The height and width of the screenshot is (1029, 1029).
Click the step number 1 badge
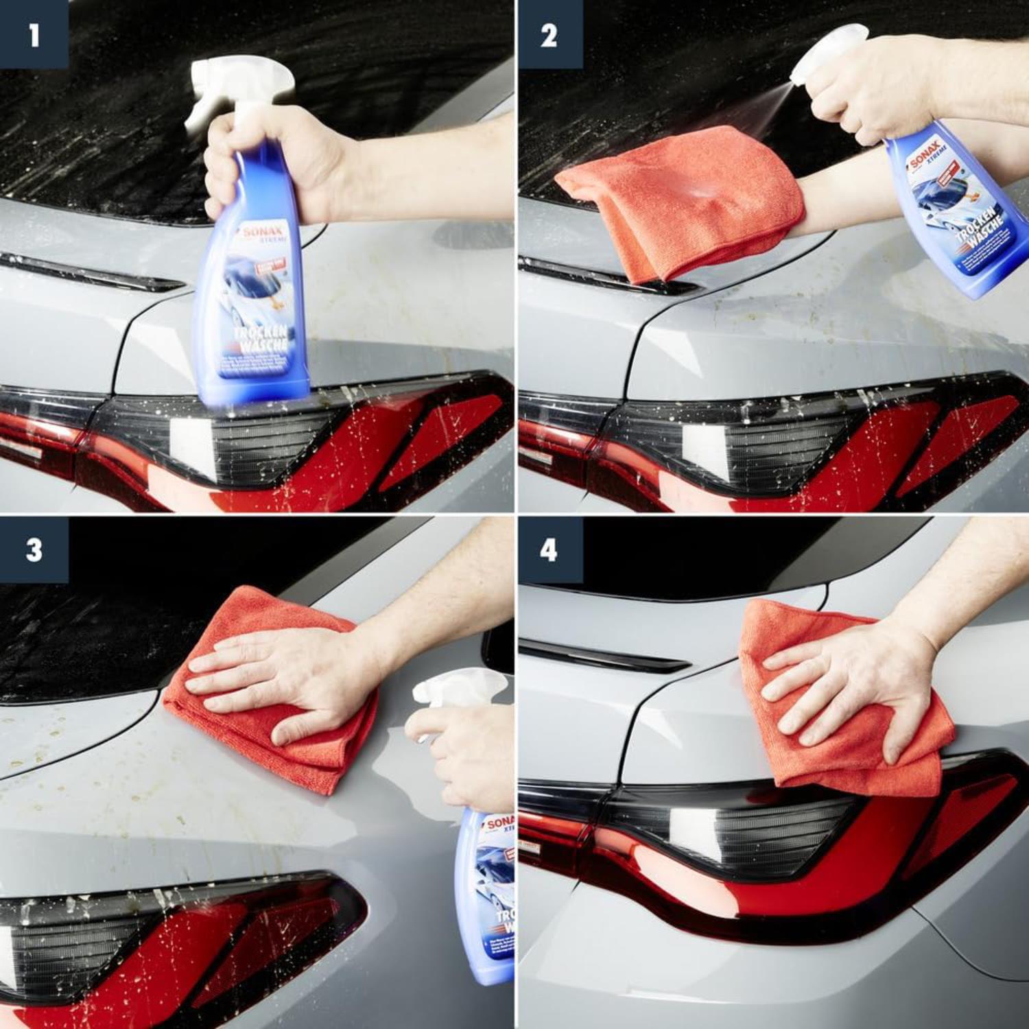coord(34,34)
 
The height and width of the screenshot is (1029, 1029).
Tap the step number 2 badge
coord(549,34)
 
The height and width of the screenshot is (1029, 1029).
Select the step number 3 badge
coord(34,549)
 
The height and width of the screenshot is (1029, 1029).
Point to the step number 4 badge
coord(549,549)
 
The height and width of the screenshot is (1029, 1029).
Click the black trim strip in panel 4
coord(604,655)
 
